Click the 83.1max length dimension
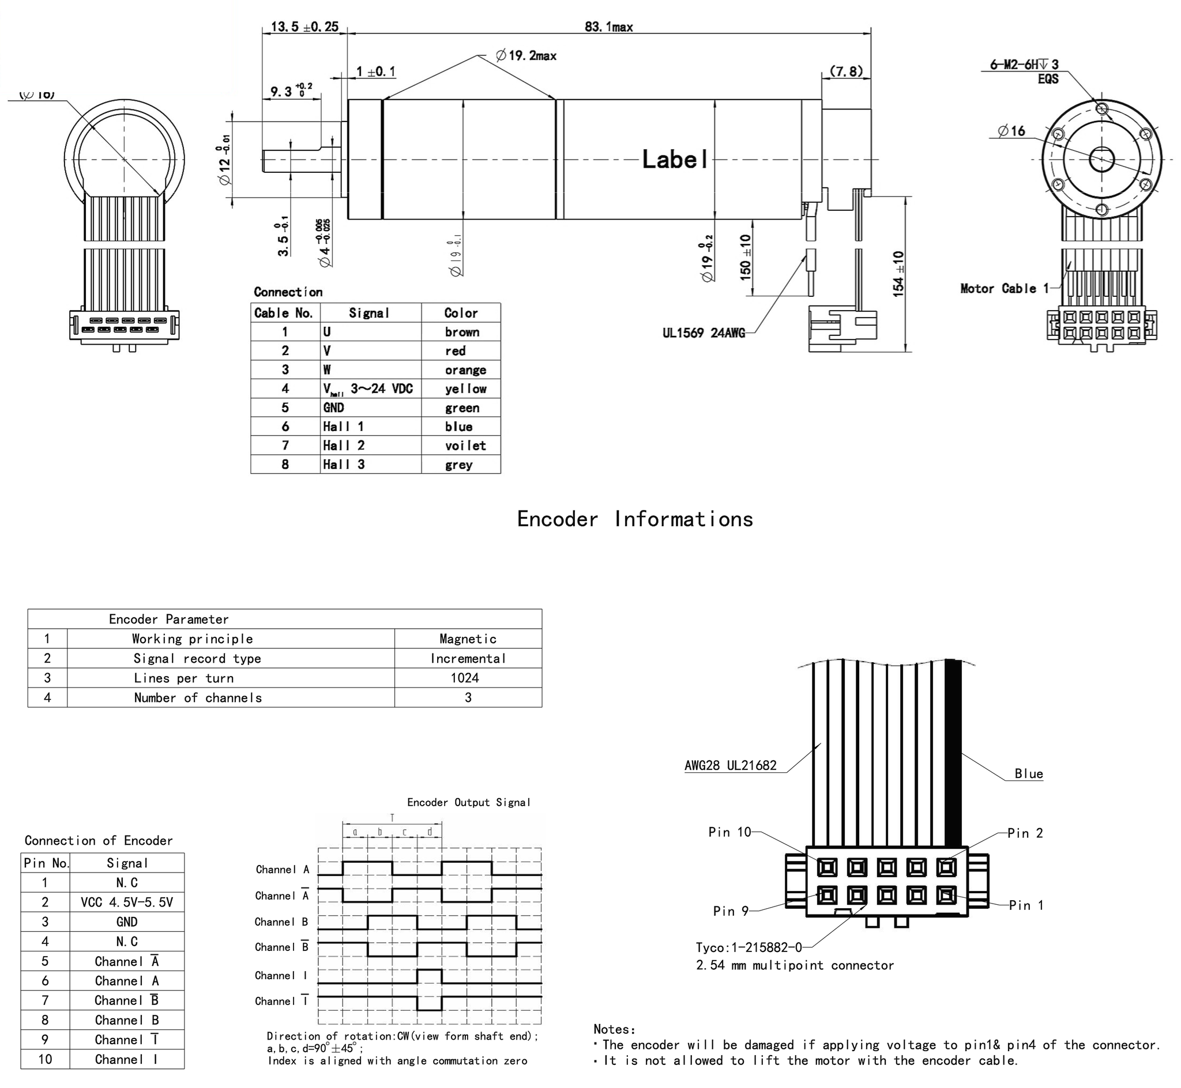608,27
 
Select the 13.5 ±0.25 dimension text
304,27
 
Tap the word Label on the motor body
675,160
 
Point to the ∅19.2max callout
526,56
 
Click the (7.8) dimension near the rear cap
846,71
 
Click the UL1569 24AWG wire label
704,333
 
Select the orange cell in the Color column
465,370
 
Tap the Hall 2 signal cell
344,445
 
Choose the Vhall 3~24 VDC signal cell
367,389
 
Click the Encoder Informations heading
635,519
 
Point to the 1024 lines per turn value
465,678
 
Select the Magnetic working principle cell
468,639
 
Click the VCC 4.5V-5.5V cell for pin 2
127,902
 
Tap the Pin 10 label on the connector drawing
729,832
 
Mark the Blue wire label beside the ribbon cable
1028,773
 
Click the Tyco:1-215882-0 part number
749,947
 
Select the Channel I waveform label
281,976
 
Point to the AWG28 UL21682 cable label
731,765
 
